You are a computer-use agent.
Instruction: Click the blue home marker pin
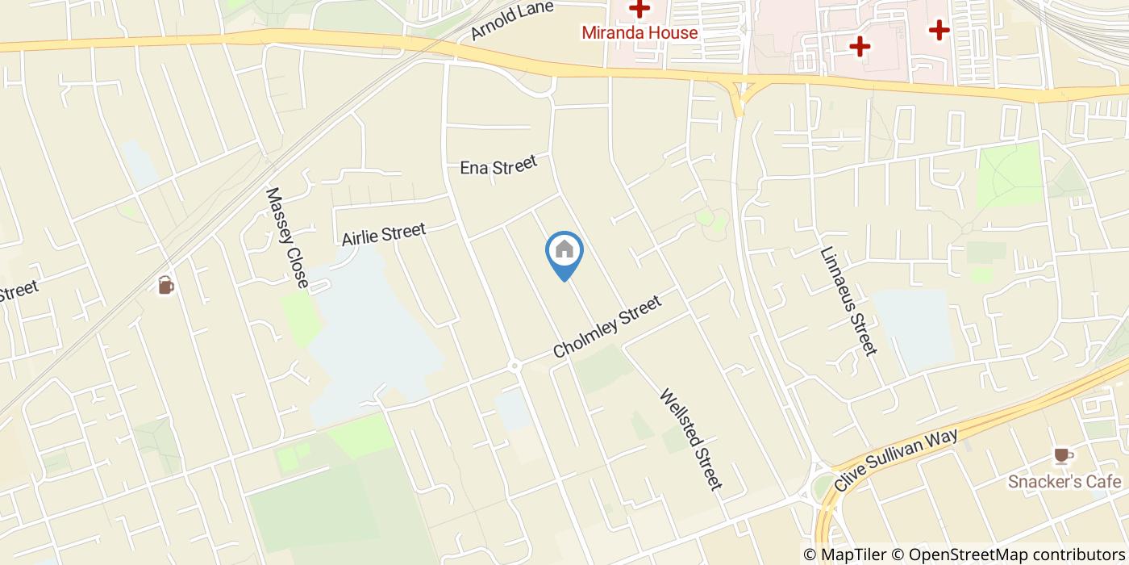[x=564, y=252]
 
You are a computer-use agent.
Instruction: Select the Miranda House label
[x=639, y=33]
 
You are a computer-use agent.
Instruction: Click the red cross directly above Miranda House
[x=639, y=10]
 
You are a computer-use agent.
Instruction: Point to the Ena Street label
[x=498, y=166]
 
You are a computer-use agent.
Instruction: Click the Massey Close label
[x=287, y=237]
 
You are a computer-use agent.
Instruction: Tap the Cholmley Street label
[x=607, y=327]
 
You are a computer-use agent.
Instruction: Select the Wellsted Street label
[x=690, y=440]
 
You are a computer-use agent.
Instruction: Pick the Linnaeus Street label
[x=848, y=300]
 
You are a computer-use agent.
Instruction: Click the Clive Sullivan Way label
[x=896, y=460]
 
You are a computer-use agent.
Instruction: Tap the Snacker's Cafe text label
[x=1064, y=482]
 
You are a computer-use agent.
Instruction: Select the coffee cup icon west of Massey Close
[x=165, y=285]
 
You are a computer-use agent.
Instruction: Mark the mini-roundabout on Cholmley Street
[x=515, y=366]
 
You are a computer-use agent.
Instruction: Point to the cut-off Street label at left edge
[x=18, y=291]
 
